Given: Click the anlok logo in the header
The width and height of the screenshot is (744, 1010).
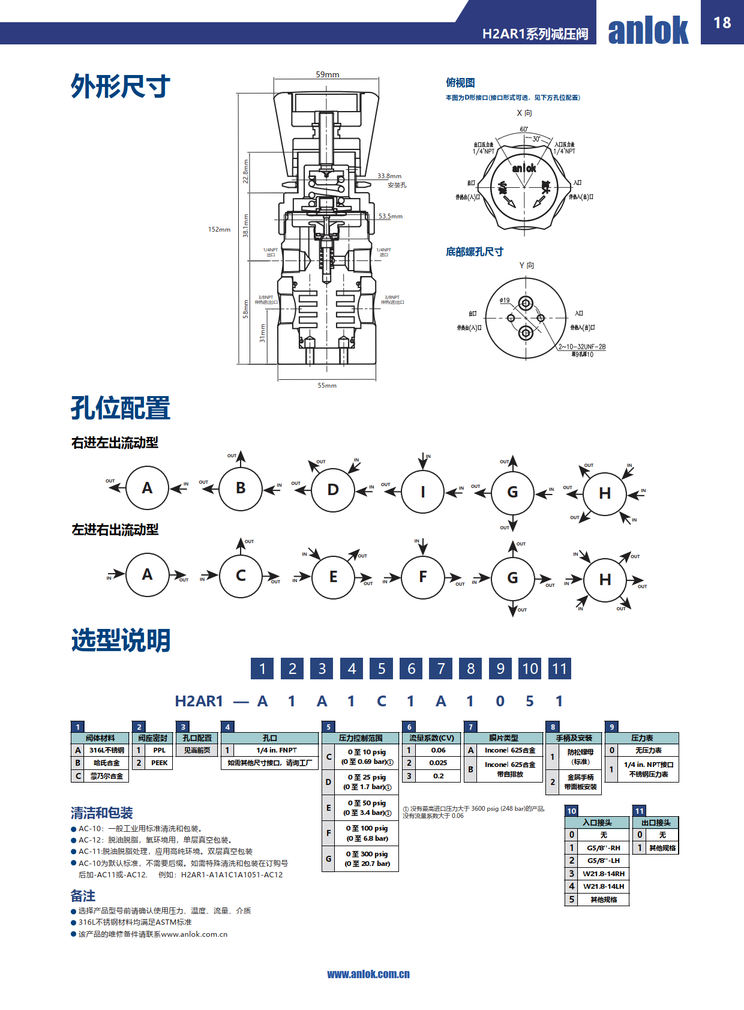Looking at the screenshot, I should (648, 30).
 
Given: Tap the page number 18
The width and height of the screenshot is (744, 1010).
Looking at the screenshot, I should (722, 23).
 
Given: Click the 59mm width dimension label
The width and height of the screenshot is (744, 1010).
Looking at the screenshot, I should (328, 74).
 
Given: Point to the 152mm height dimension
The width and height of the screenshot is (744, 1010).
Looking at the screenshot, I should (219, 229).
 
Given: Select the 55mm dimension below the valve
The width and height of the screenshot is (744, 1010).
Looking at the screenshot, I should (327, 385).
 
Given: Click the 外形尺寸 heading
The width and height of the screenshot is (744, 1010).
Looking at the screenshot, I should (121, 86).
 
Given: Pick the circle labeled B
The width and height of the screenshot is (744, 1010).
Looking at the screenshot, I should (241, 488).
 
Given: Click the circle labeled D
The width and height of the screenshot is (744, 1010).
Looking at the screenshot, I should (333, 490).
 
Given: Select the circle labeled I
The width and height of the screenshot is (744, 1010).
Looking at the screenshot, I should (422, 492).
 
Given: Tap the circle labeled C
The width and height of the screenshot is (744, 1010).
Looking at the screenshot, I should (241, 576).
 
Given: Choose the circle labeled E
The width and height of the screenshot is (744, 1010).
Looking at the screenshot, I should (333, 577).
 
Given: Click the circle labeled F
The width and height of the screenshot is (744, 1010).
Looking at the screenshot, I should (422, 577).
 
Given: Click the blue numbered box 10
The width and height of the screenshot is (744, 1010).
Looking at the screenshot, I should (530, 669).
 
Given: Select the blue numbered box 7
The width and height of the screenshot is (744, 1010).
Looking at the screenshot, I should (441, 669).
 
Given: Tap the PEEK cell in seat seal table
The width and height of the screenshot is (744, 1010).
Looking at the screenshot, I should (159, 763).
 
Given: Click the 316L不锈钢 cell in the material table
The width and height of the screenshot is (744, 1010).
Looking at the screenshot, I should (106, 750).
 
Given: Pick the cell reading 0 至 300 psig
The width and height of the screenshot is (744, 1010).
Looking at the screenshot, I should (367, 859).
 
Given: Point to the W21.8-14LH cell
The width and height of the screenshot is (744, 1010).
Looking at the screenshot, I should (603, 886).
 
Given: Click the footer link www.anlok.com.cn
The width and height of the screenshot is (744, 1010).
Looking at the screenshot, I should (368, 974).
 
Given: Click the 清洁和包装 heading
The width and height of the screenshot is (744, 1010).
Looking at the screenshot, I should (101, 813).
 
